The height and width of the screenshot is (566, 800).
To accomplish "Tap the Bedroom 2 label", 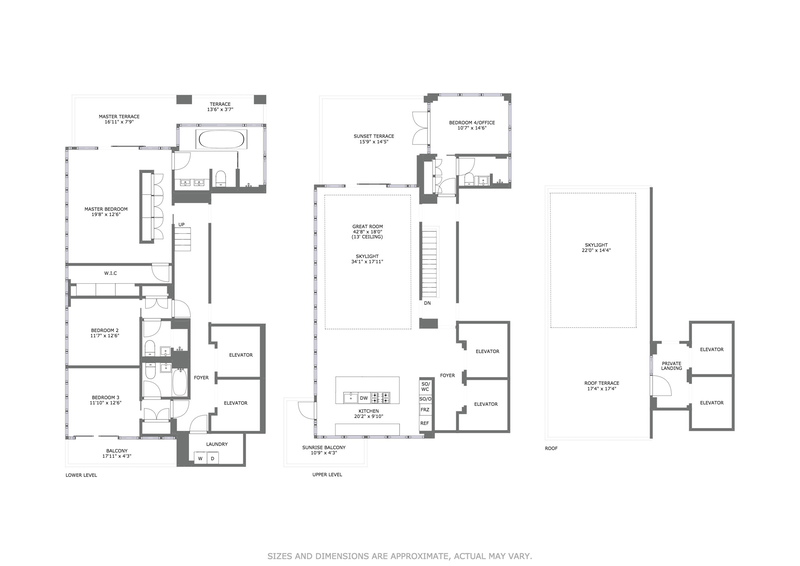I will pos(104,334).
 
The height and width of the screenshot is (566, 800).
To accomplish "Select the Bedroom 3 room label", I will pos(104,400).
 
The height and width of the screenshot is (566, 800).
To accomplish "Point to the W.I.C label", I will pos(111,273).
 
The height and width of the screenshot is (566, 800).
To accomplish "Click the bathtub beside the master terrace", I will pos(216,138).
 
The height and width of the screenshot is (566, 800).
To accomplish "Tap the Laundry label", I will pos(217,444).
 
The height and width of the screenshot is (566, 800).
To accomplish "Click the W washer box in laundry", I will pos(200,458).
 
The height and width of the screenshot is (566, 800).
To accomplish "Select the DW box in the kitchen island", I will pos(364,397).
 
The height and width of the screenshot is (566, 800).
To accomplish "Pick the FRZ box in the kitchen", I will pos(425,410).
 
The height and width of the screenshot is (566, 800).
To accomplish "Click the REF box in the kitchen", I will pos(425,424).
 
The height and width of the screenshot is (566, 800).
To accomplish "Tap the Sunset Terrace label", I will pos(373,138).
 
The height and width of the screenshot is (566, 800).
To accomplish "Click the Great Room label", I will pos(366,230).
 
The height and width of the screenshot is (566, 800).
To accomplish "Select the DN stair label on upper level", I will pos(427,302).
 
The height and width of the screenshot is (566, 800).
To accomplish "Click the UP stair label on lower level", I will pos(181,225).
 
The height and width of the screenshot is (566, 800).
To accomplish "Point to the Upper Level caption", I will pos(328,474).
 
